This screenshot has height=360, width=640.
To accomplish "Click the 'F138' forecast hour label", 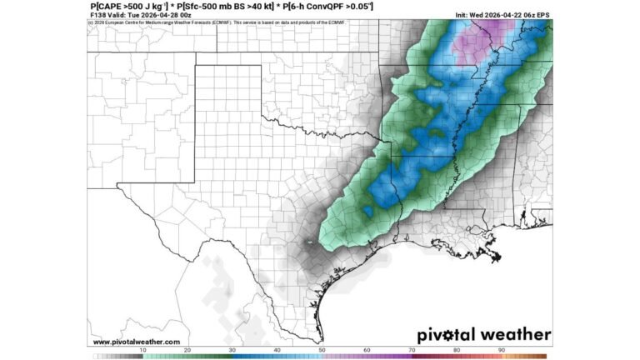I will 97,15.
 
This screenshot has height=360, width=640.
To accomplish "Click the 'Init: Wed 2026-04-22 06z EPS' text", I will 502,15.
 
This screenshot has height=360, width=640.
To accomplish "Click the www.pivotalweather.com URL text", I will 136,342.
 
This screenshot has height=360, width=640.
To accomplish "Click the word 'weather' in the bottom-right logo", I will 516,335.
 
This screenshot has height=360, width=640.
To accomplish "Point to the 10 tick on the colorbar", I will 142,350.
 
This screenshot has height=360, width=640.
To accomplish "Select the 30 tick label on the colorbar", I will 232,350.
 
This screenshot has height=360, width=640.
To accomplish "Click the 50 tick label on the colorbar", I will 322,350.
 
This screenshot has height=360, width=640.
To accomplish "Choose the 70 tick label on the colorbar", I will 412,350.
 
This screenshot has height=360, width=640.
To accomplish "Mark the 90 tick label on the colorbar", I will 501,350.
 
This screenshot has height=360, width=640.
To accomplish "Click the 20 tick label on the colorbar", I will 187,350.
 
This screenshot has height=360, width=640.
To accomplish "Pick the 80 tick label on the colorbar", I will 457,350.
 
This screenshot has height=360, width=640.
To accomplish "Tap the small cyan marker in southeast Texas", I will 309,242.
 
